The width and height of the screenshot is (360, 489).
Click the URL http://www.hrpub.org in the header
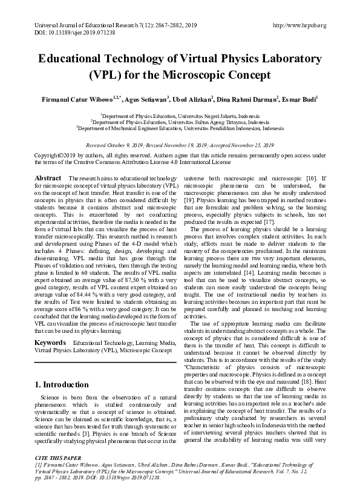point(300,25)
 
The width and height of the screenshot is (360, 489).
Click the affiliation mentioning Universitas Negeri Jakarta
point(180,114)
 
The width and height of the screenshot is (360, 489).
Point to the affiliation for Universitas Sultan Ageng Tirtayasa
point(180,122)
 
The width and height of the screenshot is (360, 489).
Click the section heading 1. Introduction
point(62,384)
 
